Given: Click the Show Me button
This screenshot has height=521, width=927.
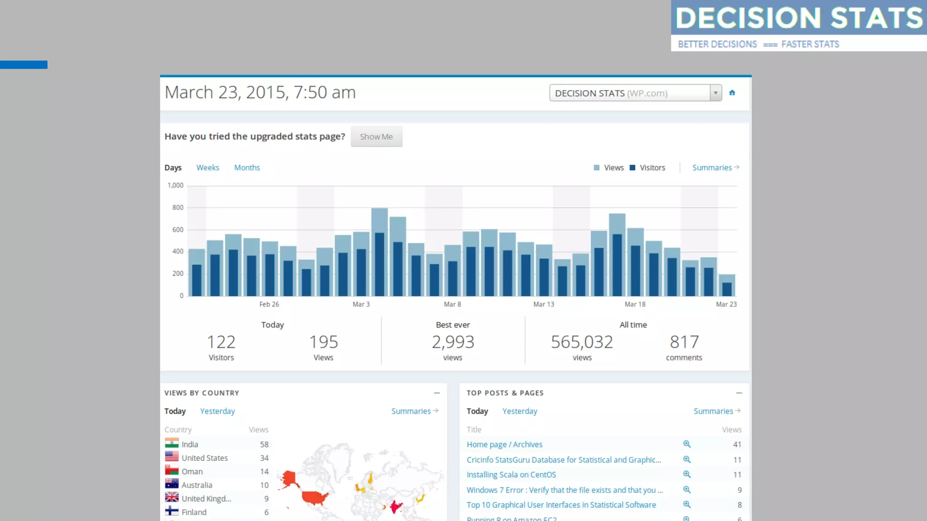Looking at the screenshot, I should [x=376, y=137].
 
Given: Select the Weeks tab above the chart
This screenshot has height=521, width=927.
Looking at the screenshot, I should [x=207, y=168].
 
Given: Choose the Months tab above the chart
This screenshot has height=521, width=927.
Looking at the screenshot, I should [x=247, y=168].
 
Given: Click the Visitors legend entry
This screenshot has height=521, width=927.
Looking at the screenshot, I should [x=652, y=168].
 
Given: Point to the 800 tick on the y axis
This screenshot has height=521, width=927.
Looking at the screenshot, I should [x=177, y=208].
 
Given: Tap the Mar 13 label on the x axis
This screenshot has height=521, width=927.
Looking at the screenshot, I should [x=543, y=304].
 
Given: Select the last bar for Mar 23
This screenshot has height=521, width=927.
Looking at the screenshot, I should [x=726, y=286].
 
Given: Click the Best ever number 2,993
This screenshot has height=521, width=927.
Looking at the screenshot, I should [x=453, y=342].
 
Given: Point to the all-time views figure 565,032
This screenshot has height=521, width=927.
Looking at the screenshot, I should [x=582, y=342].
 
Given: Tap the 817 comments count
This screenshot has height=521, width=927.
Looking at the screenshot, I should [x=684, y=342].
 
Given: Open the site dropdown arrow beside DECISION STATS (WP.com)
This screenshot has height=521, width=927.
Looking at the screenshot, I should [x=715, y=93].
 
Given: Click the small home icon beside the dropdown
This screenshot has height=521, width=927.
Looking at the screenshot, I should [x=732, y=93].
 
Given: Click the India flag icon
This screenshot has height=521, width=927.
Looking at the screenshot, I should [x=172, y=444].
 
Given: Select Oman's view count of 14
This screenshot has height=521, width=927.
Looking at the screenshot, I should [x=264, y=472].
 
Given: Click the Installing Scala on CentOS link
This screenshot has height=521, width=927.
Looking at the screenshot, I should [x=511, y=475].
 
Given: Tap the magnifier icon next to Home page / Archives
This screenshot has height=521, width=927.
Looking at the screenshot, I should [x=687, y=444].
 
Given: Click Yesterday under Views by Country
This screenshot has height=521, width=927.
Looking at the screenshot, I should [x=217, y=411].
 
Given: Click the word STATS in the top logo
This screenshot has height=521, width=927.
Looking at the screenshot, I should [x=876, y=18].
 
